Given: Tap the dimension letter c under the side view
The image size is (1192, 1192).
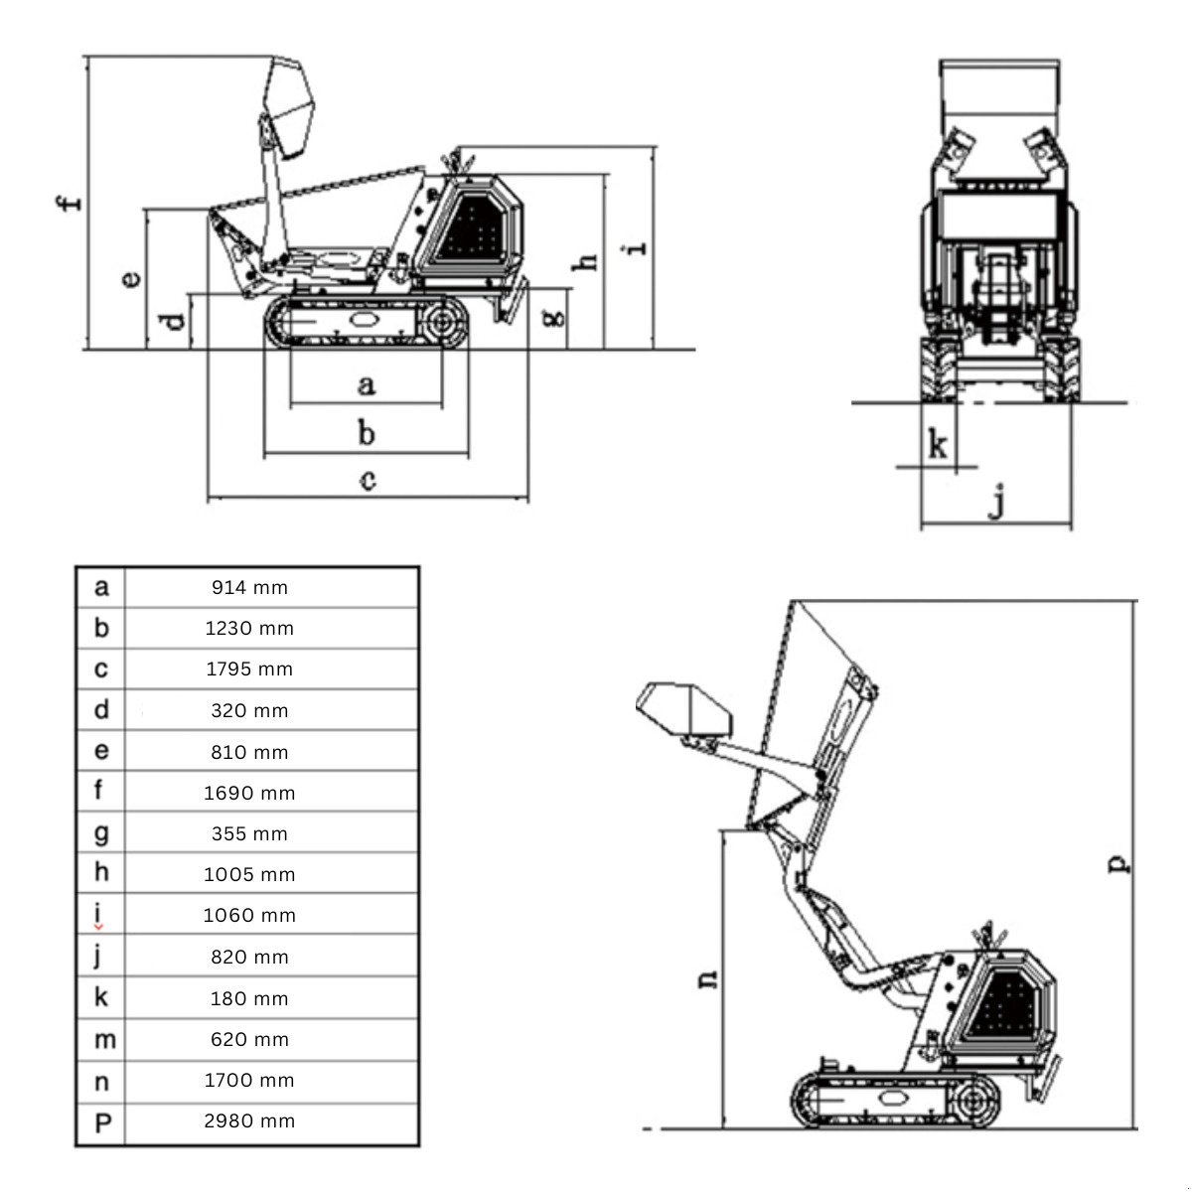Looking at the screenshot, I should click(x=368, y=481).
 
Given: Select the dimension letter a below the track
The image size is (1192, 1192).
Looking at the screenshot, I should click(x=366, y=383).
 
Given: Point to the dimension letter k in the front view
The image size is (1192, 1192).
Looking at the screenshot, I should click(x=937, y=445).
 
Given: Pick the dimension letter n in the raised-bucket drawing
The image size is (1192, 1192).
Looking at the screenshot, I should click(x=707, y=977).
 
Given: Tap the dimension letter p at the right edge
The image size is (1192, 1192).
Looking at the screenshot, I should click(x=1118, y=864).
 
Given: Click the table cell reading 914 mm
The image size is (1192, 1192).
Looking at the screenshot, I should click(x=249, y=587).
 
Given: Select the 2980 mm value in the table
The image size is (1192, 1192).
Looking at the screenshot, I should click(x=249, y=1120).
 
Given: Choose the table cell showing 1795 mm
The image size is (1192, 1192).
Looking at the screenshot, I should click(x=249, y=670).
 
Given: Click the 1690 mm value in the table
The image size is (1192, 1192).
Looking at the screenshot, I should click(x=249, y=793).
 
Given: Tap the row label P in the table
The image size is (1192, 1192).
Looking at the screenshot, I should click(x=102, y=1122).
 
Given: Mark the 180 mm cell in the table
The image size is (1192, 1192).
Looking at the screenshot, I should click(x=249, y=998).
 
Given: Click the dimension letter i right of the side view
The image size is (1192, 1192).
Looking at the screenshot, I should click(x=639, y=244).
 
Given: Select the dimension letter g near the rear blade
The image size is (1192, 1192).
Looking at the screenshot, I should click(x=556, y=316).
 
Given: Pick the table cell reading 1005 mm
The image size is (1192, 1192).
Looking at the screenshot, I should click(x=249, y=875).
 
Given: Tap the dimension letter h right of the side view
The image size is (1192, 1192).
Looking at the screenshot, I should click(x=588, y=260).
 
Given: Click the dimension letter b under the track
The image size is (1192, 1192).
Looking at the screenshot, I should click(x=367, y=432).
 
